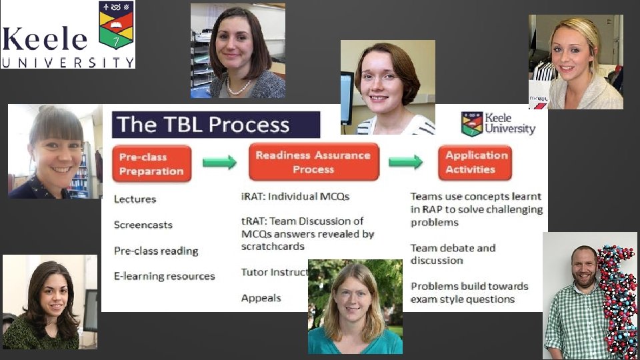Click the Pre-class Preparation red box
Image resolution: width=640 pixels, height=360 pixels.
point(151,164)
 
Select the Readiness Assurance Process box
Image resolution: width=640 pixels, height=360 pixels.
point(313,162)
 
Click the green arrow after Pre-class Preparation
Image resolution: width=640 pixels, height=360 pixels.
point(219,162)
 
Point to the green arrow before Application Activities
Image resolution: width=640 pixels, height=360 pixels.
point(405,162)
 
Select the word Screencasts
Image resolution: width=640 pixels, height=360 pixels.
point(143,225)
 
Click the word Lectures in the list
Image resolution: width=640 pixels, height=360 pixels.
point(135,199)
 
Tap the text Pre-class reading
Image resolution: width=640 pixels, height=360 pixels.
point(156,251)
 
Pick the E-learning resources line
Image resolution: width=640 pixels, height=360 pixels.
point(164,275)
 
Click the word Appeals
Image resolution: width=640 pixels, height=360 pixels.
point(261,298)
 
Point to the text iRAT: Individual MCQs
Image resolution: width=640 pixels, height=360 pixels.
point(295,197)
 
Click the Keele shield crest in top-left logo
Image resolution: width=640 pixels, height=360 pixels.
point(116,25)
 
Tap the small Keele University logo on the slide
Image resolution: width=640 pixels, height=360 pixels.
point(498,123)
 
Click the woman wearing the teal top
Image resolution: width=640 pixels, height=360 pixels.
point(355,307)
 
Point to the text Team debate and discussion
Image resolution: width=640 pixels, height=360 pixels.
point(453,254)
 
